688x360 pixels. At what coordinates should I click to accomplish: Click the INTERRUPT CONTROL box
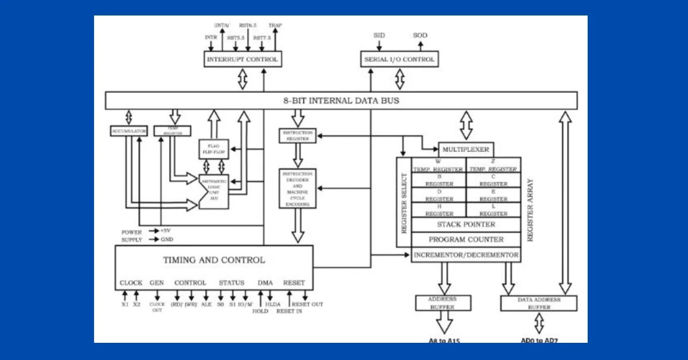(243, 59)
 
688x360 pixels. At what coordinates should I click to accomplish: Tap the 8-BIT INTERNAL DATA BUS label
(341, 100)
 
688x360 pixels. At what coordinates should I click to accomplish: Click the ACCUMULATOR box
(129, 131)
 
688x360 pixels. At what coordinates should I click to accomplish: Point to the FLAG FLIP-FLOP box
(213, 149)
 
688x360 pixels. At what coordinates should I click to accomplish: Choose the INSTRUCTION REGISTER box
(297, 135)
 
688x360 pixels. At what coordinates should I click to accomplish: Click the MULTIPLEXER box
(466, 150)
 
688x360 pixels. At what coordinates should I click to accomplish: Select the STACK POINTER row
(466, 225)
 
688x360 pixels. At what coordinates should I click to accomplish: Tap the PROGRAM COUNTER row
(466, 240)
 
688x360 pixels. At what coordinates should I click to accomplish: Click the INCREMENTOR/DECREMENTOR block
(466, 255)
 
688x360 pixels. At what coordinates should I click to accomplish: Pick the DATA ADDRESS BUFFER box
(538, 303)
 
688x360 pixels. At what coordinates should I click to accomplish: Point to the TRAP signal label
(275, 26)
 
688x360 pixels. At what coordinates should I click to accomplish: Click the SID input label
(380, 36)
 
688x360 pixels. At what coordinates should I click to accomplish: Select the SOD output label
(420, 36)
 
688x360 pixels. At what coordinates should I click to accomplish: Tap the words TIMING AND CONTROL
(214, 260)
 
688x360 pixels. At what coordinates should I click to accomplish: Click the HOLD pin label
(260, 311)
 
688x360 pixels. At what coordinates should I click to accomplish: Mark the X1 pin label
(125, 304)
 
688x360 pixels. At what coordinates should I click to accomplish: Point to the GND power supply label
(166, 240)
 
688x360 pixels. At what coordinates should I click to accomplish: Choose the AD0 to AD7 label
(539, 341)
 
